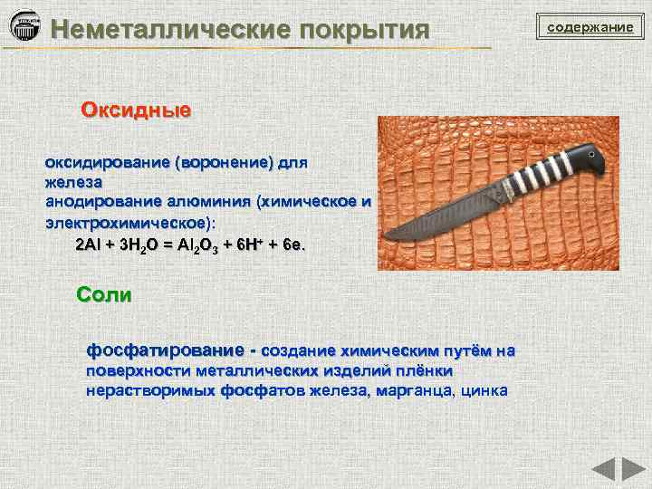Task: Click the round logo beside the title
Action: click(24, 26)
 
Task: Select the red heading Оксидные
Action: click(136, 111)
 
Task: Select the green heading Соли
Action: click(104, 295)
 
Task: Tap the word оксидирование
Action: click(108, 164)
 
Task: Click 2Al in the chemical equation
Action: click(90, 245)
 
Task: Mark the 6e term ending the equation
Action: click(294, 245)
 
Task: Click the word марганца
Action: click(418, 391)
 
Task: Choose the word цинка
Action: click(485, 391)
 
